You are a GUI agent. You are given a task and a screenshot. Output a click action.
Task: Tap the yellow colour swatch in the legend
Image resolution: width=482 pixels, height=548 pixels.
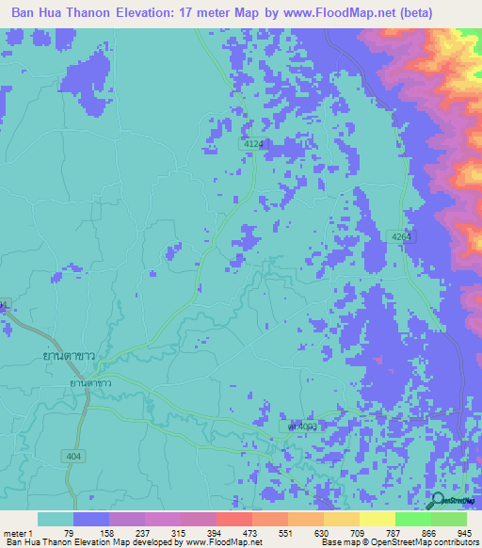pyautogui.click(x=377, y=519)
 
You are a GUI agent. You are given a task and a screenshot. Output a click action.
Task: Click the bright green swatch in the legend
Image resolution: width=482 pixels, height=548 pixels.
pyautogui.click(x=412, y=519)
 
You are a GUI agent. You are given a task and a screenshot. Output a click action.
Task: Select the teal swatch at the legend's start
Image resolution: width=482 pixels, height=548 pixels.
pyautogui.click(x=56, y=519)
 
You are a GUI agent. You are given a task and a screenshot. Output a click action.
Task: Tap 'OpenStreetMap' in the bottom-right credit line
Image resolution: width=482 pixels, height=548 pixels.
pyautogui.click(x=411, y=542)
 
